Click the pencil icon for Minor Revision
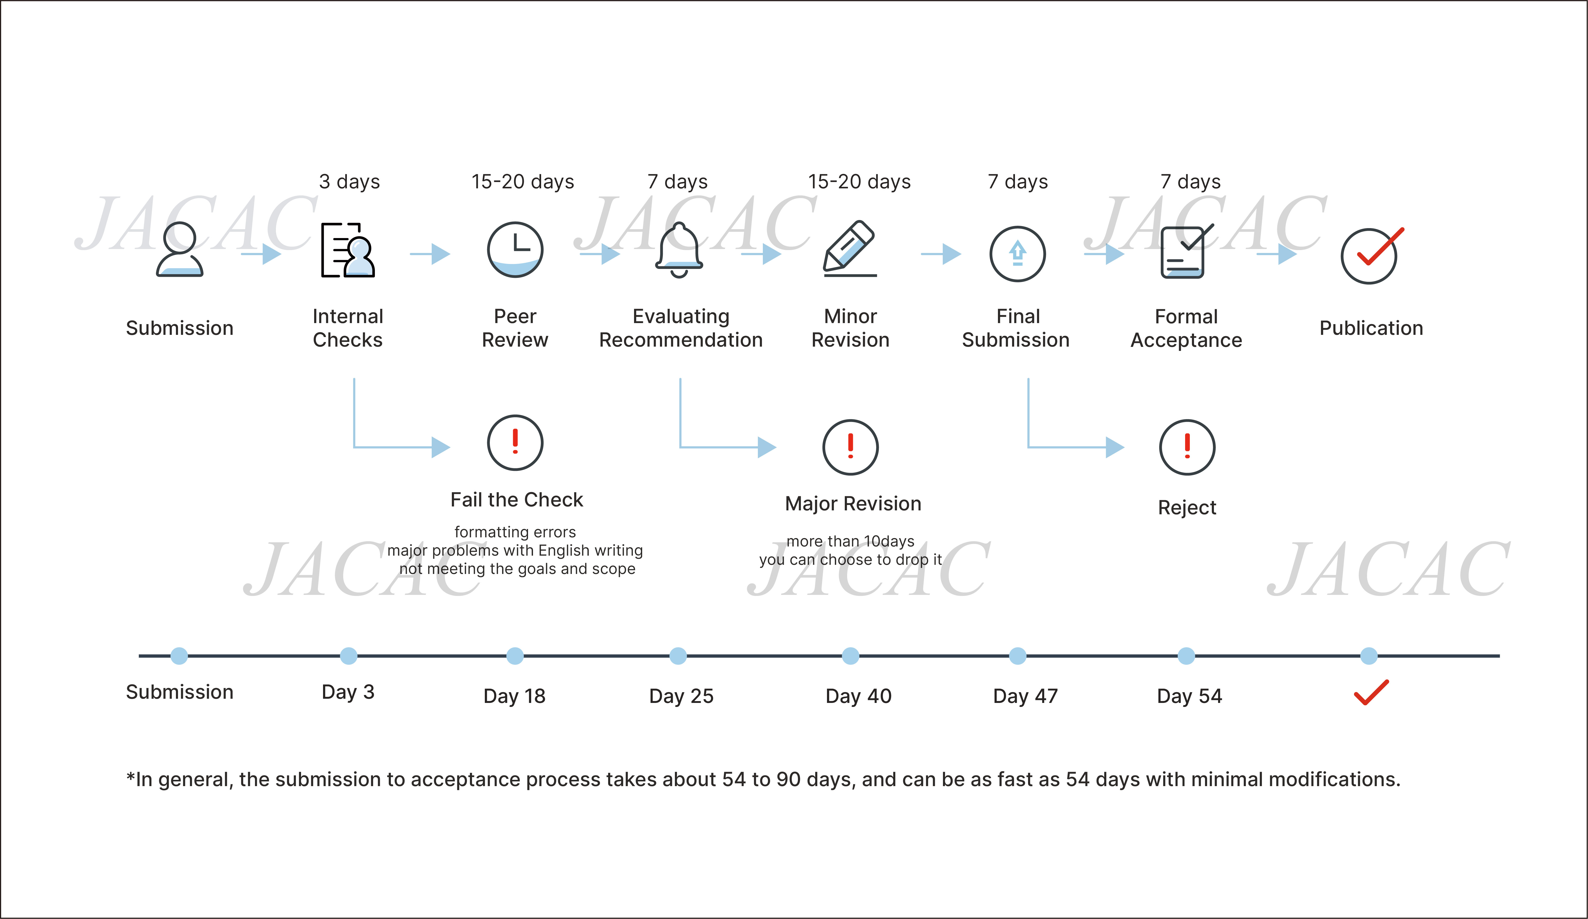tap(849, 248)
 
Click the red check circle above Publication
tap(1371, 255)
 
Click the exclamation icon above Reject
tap(1187, 447)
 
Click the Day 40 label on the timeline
tap(858, 696)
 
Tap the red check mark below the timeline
tap(1371, 692)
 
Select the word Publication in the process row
tap(1371, 328)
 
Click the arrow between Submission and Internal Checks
tap(261, 254)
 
